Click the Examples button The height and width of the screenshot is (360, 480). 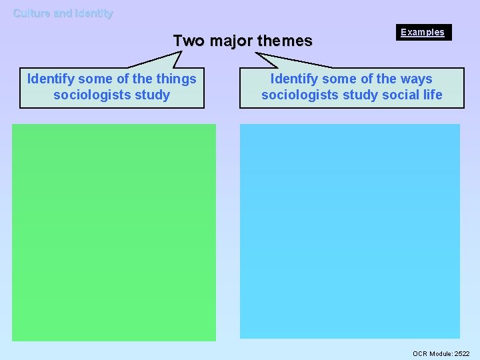pos(422,32)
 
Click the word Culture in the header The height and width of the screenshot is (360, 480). pos(32,13)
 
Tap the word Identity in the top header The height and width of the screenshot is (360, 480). pos(94,13)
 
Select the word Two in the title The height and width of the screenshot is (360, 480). pos(189,41)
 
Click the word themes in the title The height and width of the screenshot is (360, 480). pos(285,41)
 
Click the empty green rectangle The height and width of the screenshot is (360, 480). pos(114,232)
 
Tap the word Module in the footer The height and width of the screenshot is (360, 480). pos(441,353)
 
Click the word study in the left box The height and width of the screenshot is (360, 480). pos(152,95)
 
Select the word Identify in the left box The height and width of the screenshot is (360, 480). pos(50,79)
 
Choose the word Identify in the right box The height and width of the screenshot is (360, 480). pos(293,79)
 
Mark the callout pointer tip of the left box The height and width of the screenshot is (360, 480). pos(181,51)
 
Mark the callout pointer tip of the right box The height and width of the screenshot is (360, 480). pos(257,53)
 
